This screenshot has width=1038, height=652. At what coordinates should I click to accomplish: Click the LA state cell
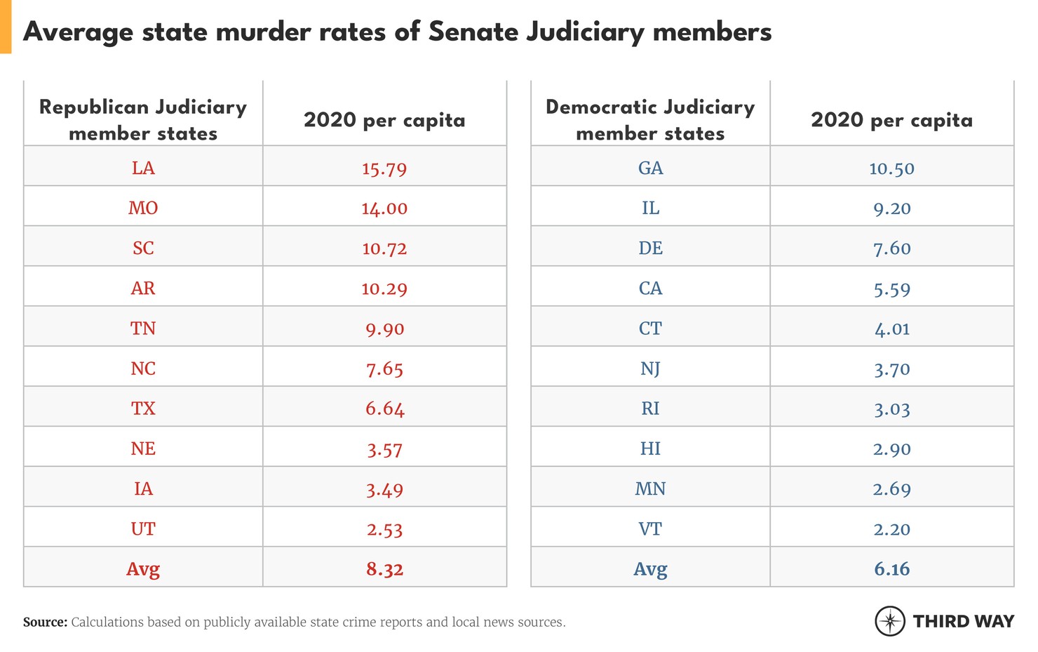(143, 168)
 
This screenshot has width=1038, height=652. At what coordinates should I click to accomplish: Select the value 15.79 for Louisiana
(384, 168)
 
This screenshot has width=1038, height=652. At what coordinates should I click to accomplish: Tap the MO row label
(143, 208)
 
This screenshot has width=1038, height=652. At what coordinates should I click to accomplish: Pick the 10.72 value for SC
(384, 248)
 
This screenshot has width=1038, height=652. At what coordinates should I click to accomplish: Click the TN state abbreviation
(143, 328)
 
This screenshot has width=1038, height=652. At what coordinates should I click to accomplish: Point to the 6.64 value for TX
(384, 409)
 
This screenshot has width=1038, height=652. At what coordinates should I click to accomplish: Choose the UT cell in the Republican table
(143, 529)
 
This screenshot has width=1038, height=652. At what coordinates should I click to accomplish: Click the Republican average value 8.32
(384, 569)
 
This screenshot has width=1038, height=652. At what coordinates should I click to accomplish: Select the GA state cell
(650, 168)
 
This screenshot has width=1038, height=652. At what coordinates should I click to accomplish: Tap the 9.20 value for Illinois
(891, 208)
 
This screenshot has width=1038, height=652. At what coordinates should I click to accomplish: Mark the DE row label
(650, 248)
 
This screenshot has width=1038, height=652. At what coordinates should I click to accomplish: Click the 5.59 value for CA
(891, 288)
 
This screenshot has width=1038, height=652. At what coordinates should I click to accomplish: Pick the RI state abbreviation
(650, 409)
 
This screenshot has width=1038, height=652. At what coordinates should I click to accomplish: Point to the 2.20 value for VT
(891, 529)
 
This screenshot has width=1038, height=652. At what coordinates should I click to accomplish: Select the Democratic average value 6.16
(891, 569)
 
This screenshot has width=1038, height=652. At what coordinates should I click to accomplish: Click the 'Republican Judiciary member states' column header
(143, 120)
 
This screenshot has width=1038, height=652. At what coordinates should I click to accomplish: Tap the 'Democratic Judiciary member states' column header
(650, 120)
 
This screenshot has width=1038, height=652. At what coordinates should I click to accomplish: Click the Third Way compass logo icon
(890, 621)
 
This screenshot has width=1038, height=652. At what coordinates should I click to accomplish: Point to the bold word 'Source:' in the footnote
(46, 623)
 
